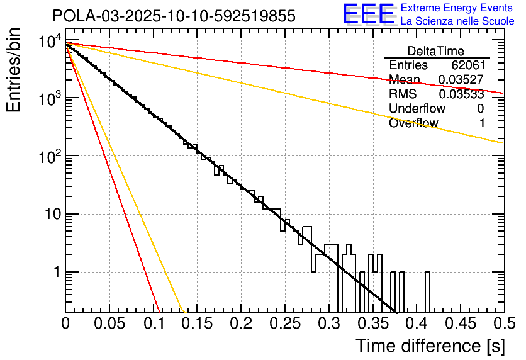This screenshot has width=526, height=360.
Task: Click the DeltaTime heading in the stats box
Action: coord(436,51)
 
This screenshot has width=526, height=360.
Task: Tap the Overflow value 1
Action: coord(481,123)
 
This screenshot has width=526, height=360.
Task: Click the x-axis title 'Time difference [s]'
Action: coord(429,346)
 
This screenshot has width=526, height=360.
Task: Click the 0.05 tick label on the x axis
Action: coord(109,323)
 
